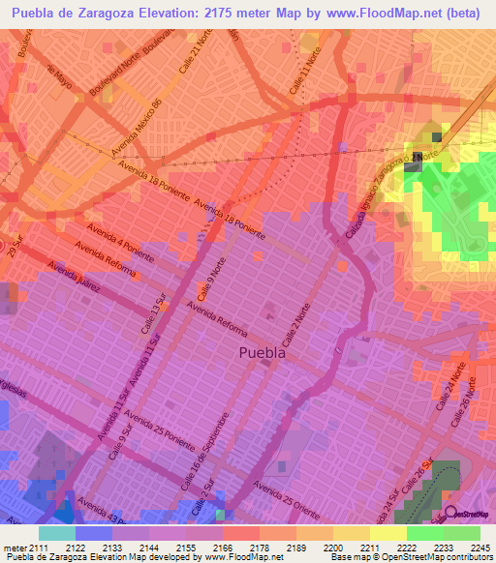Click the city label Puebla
[262, 354]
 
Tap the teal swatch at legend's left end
[56, 533]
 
